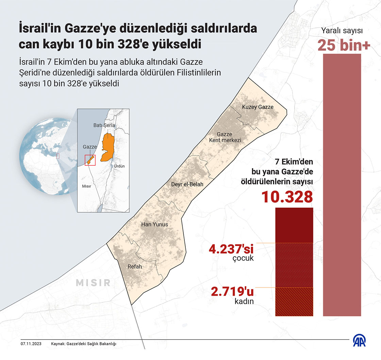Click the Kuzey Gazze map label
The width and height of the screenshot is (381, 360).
point(258,107)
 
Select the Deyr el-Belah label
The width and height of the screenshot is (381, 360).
point(187,184)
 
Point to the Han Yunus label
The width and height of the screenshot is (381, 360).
point(154,224)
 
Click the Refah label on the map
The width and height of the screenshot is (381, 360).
point(134,266)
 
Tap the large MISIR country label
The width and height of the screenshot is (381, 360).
point(93,282)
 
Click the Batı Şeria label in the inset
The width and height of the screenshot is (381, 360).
point(104,125)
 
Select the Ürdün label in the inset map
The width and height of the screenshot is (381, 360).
point(119,166)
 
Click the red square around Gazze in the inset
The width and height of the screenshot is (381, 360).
point(90,160)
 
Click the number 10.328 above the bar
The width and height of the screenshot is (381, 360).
point(287,197)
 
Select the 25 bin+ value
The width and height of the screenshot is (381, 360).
point(344,46)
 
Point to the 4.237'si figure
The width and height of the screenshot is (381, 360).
point(231,249)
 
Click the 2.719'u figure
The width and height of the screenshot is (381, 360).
point(232,292)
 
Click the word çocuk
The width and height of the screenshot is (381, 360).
point(244,258)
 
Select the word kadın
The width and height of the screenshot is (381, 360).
point(244,301)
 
